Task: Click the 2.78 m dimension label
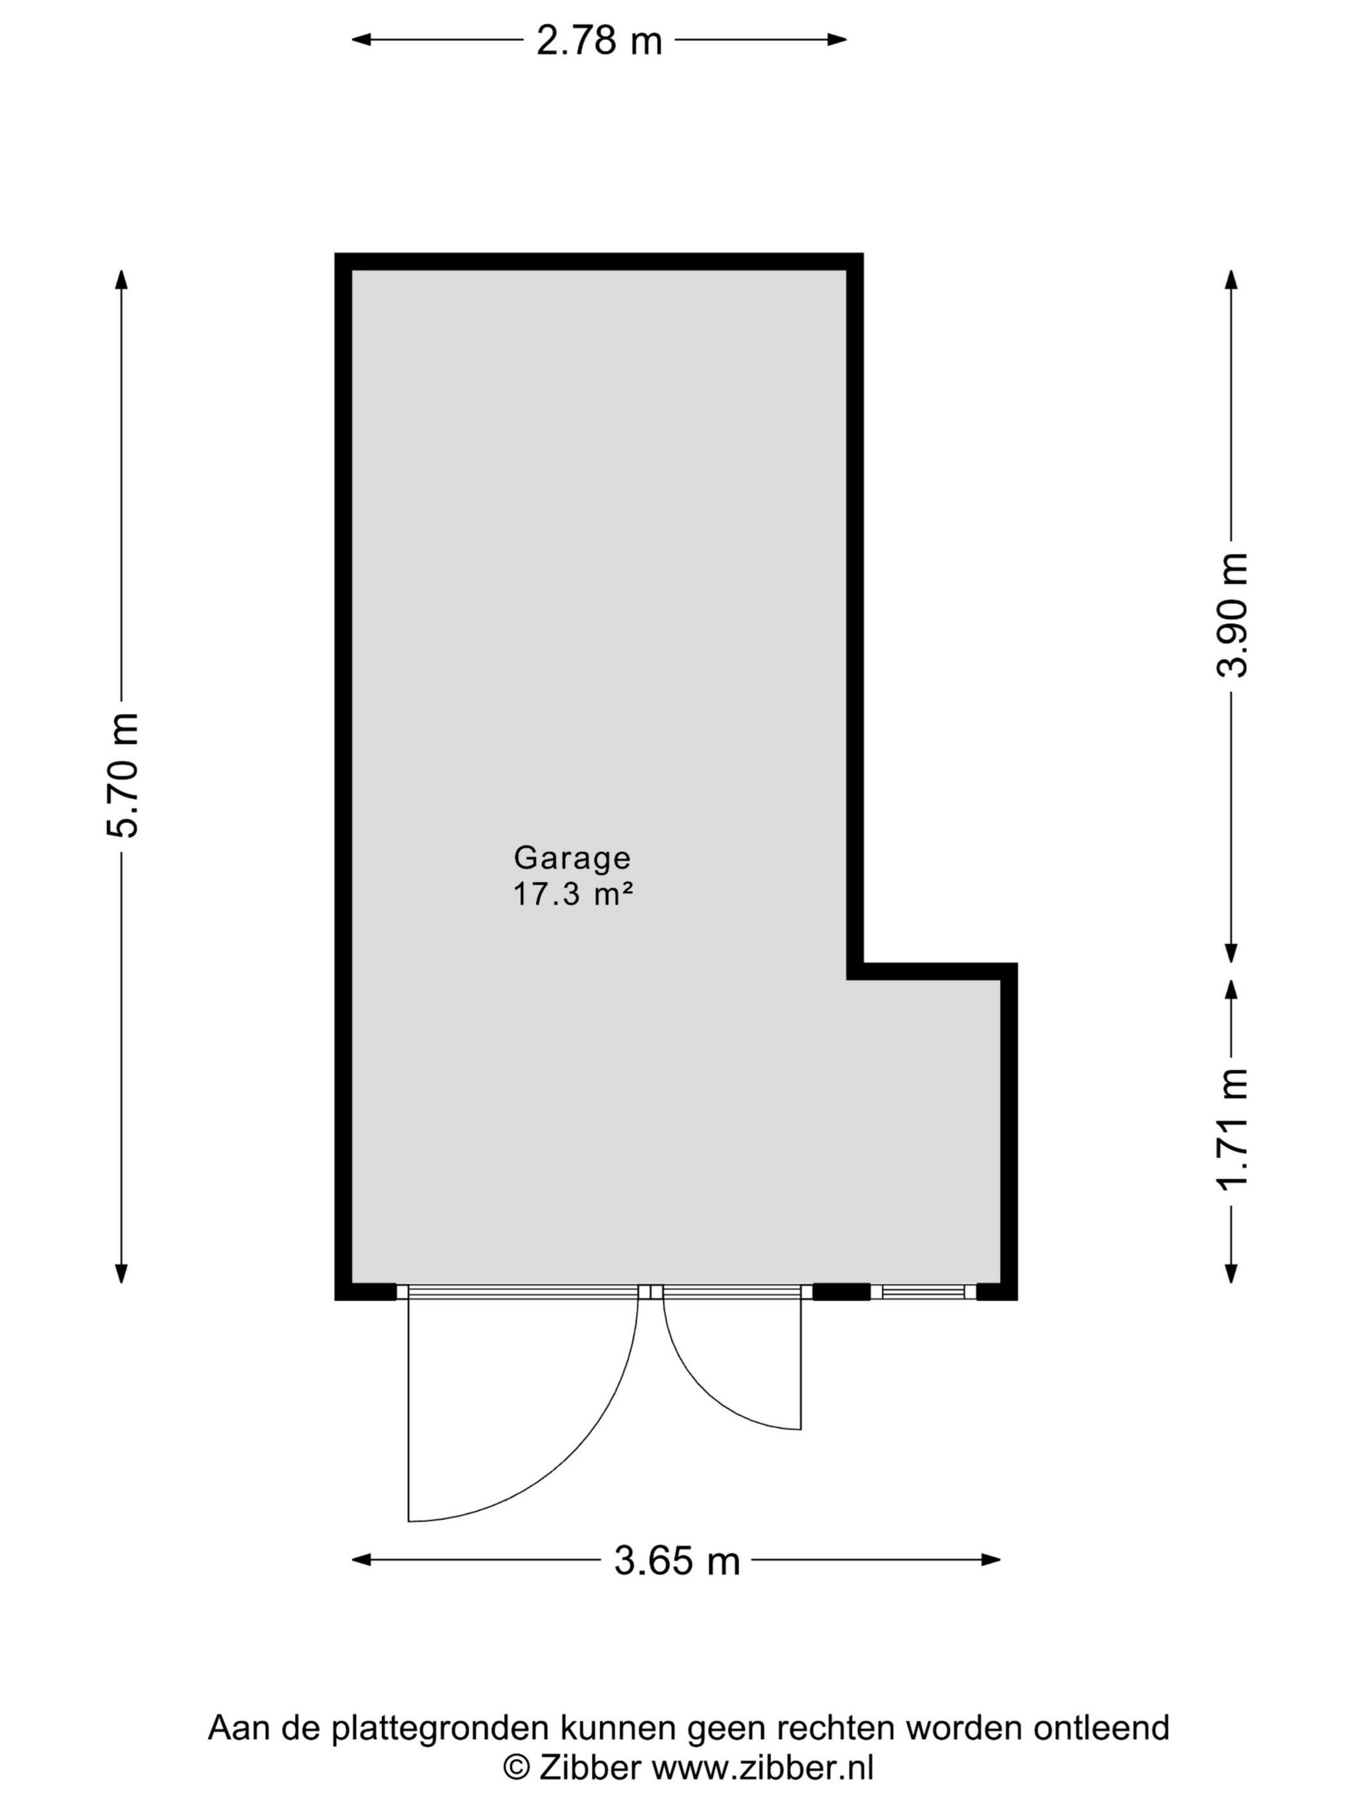pyautogui.click(x=599, y=40)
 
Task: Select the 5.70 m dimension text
pyautogui.click(x=123, y=776)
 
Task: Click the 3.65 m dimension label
pyautogui.click(x=677, y=1561)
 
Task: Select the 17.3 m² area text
pyautogui.click(x=573, y=895)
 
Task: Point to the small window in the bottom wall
pyautogui.click(x=923, y=1292)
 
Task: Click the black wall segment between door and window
pyautogui.click(x=841, y=1292)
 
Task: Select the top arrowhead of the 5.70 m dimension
pyautogui.click(x=122, y=280)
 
